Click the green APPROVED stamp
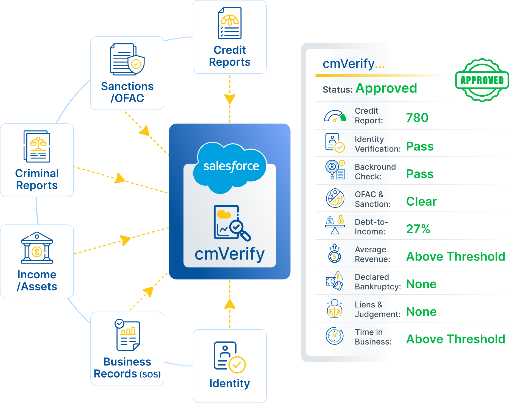point(482,80)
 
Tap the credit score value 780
point(417,118)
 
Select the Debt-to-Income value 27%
point(418,229)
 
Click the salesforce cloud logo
point(230,166)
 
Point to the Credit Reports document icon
point(230,23)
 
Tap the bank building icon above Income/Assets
point(37,248)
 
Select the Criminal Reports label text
point(37,179)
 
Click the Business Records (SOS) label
point(127,368)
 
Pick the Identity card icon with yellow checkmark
point(229,357)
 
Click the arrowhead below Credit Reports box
point(230,99)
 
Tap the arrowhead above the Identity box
point(230,304)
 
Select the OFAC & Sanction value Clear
point(421,201)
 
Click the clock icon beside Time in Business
point(334,336)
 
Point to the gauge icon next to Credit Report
point(335,116)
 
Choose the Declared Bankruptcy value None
point(421,284)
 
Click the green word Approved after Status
point(386,88)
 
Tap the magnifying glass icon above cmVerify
point(240,230)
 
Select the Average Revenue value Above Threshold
point(455,257)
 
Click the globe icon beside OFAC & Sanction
point(335,198)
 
